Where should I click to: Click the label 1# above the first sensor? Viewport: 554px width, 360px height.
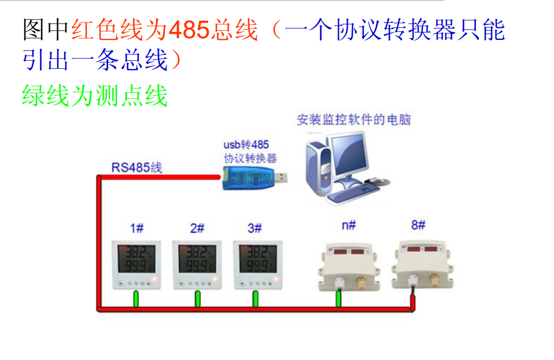click(x=136, y=229)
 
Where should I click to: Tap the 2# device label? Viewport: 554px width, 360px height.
click(x=197, y=229)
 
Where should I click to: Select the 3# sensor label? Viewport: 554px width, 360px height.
click(x=254, y=229)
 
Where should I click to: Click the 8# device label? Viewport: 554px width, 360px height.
click(x=418, y=225)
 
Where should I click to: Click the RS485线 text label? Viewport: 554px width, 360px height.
click(x=136, y=168)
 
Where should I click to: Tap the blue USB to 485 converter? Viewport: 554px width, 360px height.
click(x=246, y=177)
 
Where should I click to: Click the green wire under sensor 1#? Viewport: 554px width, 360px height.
click(x=136, y=299)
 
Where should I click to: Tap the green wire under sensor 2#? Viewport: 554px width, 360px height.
click(x=197, y=299)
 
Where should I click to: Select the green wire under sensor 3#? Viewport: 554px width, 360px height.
click(x=255, y=299)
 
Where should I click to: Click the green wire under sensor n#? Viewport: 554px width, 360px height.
click(x=339, y=298)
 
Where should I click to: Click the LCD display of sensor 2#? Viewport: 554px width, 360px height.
click(x=197, y=259)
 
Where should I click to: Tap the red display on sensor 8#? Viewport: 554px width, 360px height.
click(x=423, y=250)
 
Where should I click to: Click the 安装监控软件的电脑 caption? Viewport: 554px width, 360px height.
click(x=353, y=120)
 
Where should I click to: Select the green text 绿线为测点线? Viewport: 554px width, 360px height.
click(x=95, y=96)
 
